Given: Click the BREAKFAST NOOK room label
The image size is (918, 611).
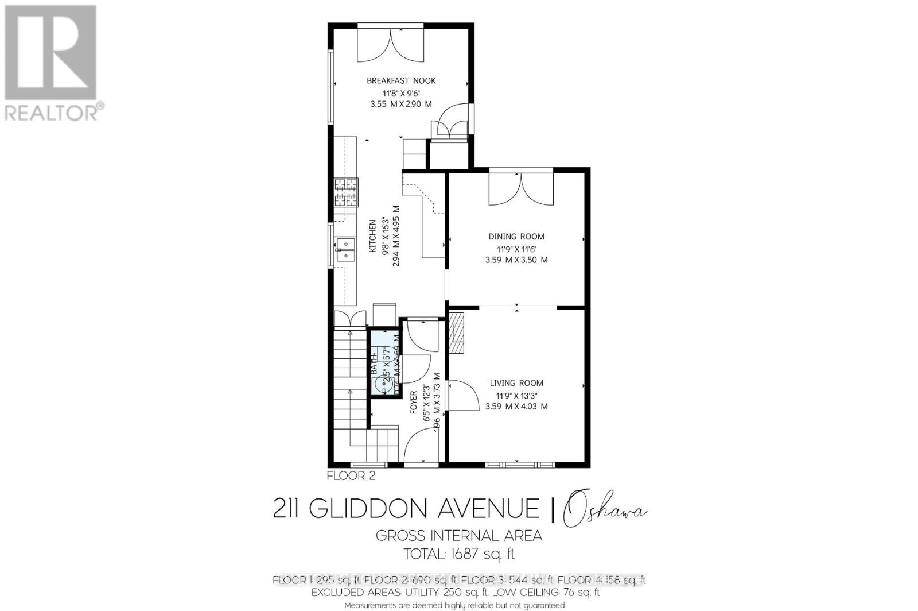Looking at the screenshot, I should coord(401,80).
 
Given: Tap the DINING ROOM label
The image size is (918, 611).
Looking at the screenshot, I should coord(516,236).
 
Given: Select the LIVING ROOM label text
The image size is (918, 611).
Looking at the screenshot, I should coord(516,383).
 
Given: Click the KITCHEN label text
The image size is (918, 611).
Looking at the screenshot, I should coord(372,236).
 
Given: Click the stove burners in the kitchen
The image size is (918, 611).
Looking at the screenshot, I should coord(346,193).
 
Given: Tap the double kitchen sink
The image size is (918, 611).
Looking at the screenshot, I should coord(345,250).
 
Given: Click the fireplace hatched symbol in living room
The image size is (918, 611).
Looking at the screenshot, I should coord(457,333).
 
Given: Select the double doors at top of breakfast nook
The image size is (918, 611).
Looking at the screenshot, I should coord(390,46).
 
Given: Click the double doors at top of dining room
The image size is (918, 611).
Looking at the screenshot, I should coord(520,190).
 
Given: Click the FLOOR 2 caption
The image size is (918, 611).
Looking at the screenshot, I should coord(351,475).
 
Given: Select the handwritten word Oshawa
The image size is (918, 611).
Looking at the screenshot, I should coord(605,510).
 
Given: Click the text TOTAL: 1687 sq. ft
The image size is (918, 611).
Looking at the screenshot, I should coord(459,554).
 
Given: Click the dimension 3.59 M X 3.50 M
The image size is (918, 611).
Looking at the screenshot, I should coord(516,260).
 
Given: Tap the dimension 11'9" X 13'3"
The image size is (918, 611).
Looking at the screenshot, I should coord(516,395).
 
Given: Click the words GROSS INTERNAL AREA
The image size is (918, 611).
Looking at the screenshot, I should coord(459,536).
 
